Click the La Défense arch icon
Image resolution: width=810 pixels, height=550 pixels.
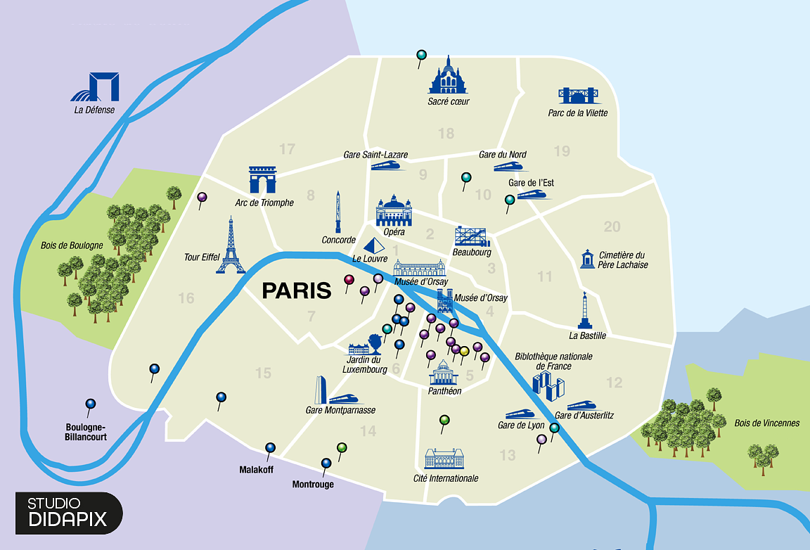95,87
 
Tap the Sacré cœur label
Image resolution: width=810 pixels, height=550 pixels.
448,101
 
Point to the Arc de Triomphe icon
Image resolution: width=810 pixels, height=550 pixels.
263,180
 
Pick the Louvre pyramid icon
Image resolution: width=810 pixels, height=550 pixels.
375,245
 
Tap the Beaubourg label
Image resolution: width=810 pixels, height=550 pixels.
472,252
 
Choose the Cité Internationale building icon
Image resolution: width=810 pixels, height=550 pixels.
444,459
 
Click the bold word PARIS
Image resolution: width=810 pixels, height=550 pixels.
296,290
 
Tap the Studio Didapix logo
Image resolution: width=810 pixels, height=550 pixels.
68,512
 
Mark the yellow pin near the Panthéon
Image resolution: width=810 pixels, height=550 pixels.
464,351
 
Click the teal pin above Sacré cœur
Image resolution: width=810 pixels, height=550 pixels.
421,54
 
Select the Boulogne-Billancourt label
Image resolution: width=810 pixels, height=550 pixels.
86,432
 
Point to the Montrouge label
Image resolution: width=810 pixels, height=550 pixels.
313,485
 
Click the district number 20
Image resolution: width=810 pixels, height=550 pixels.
612,226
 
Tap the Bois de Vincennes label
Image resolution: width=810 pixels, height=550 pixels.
766,423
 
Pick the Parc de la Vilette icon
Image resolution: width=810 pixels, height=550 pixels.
577,95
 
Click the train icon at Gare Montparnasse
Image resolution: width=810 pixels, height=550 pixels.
344,398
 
